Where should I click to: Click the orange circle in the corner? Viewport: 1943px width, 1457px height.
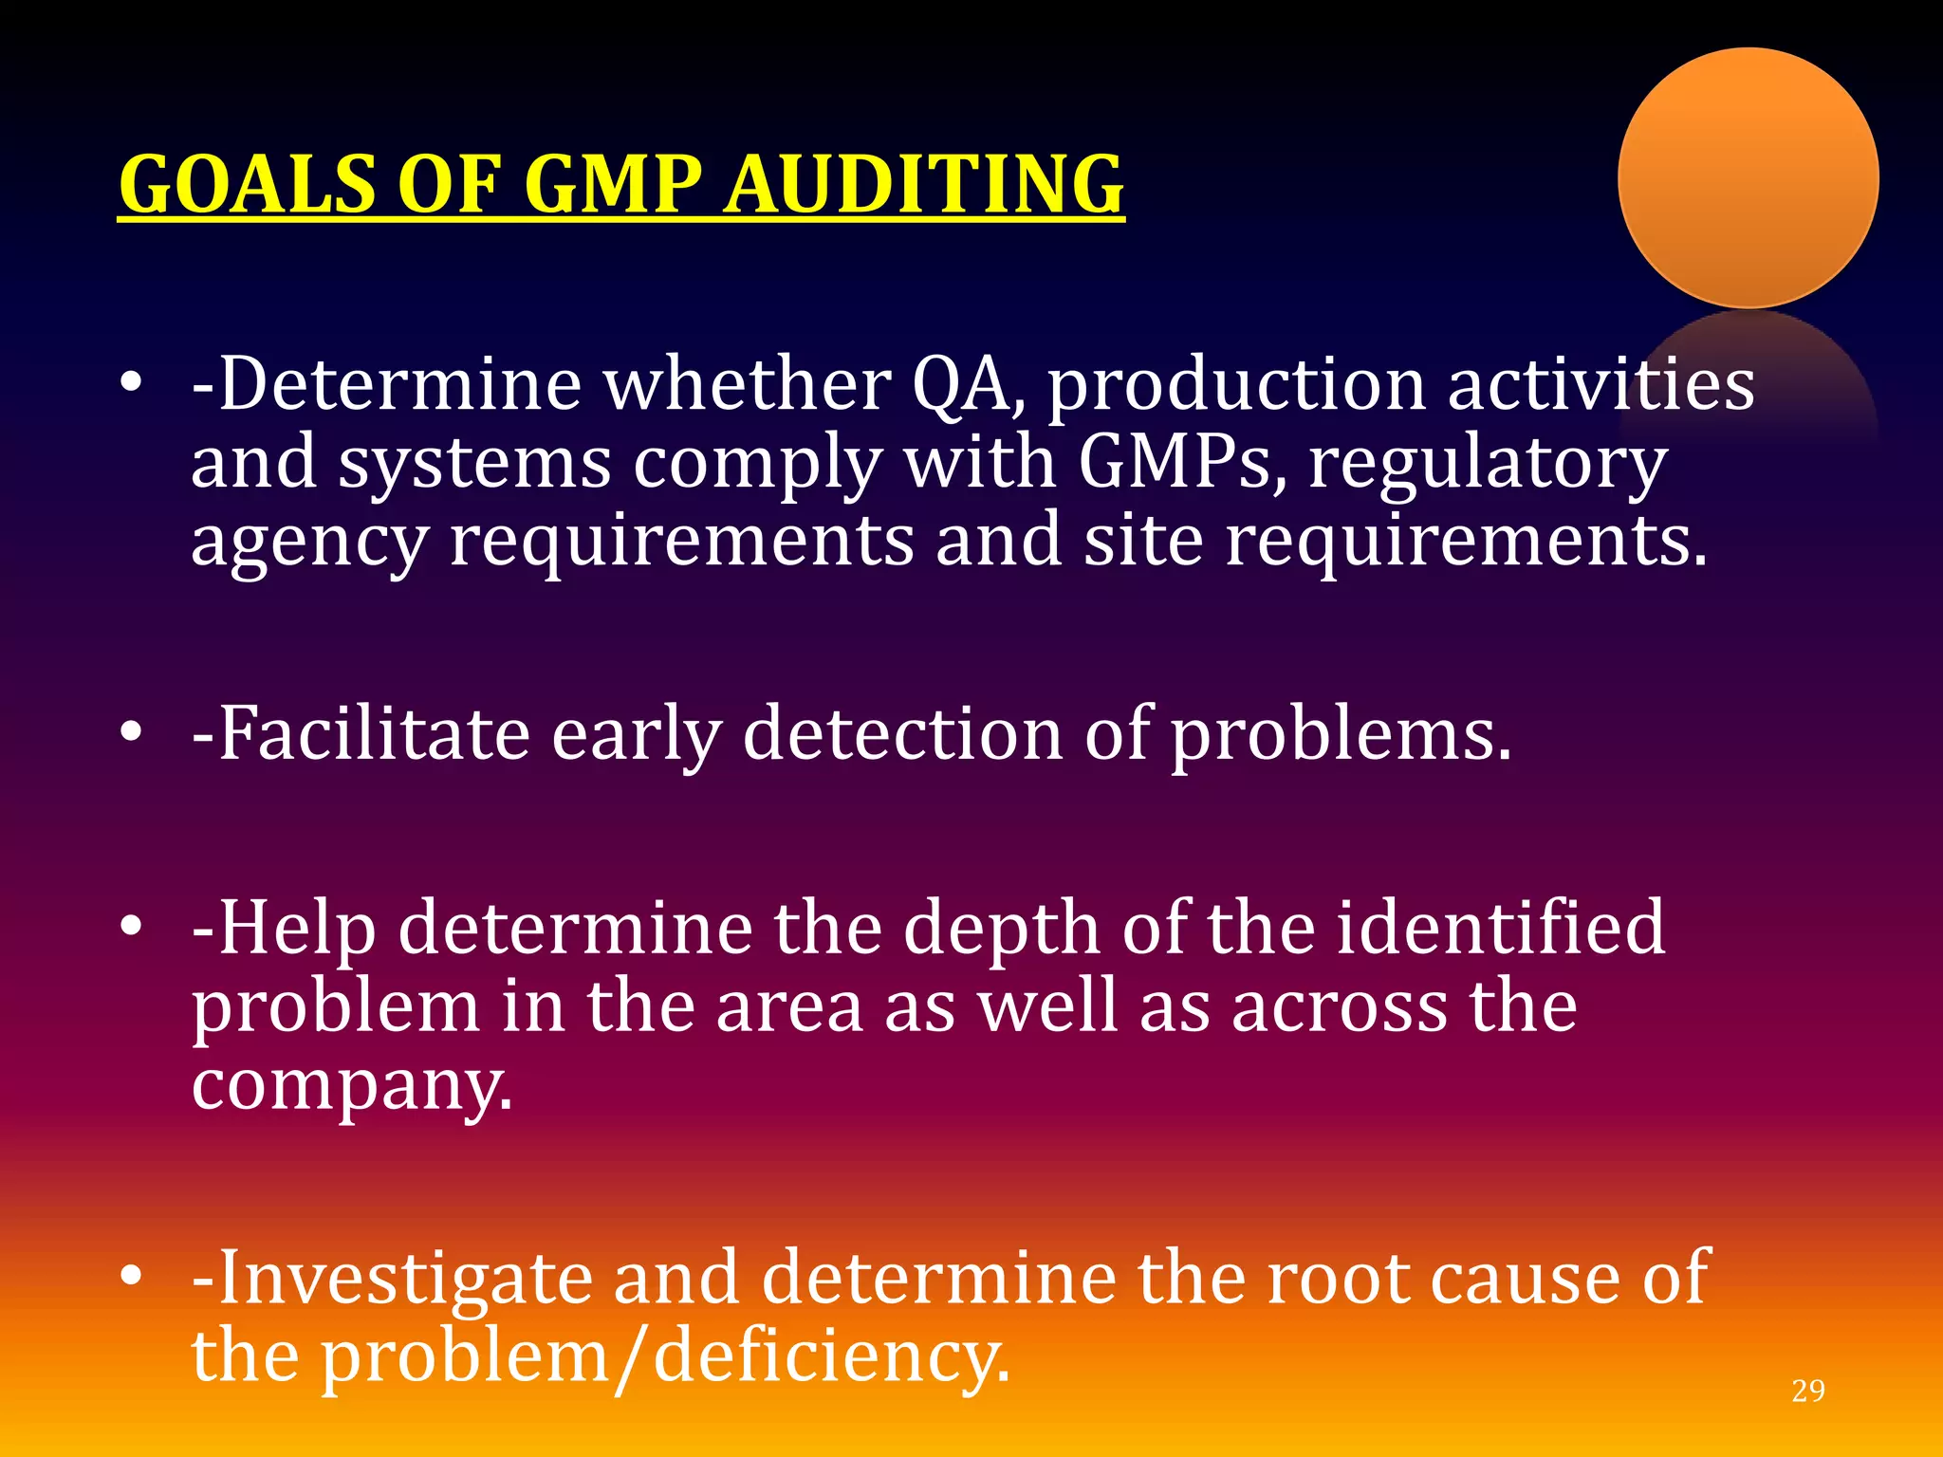pyautogui.click(x=1748, y=178)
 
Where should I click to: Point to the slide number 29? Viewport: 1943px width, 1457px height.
pyautogui.click(x=1808, y=1391)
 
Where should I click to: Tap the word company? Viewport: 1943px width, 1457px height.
pyautogui.click(x=351, y=1086)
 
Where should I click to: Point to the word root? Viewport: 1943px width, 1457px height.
pyautogui.click(x=1337, y=1279)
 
